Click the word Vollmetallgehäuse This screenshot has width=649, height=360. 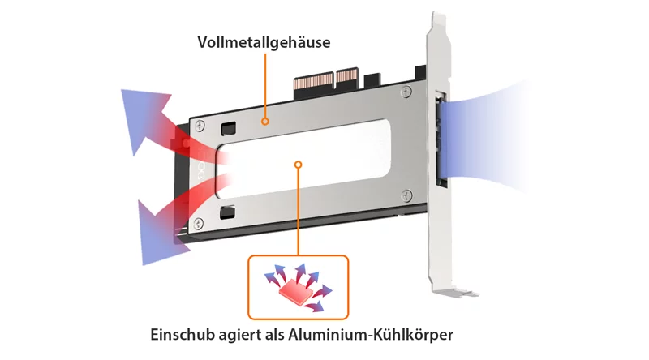[264, 42]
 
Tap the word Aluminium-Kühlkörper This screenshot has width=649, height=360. [371, 334]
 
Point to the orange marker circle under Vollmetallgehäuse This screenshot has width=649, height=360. [265, 122]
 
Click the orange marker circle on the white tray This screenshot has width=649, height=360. [298, 165]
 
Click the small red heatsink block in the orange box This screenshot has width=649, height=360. [295, 290]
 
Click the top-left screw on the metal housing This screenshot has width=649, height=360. [200, 125]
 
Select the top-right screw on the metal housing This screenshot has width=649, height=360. [406, 92]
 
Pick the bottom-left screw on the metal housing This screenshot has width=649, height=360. [199, 224]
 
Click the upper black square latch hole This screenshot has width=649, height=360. [228, 128]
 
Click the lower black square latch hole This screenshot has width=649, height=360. [227, 212]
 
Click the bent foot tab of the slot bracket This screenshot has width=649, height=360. [458, 292]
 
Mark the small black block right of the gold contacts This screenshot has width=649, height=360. [372, 80]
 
